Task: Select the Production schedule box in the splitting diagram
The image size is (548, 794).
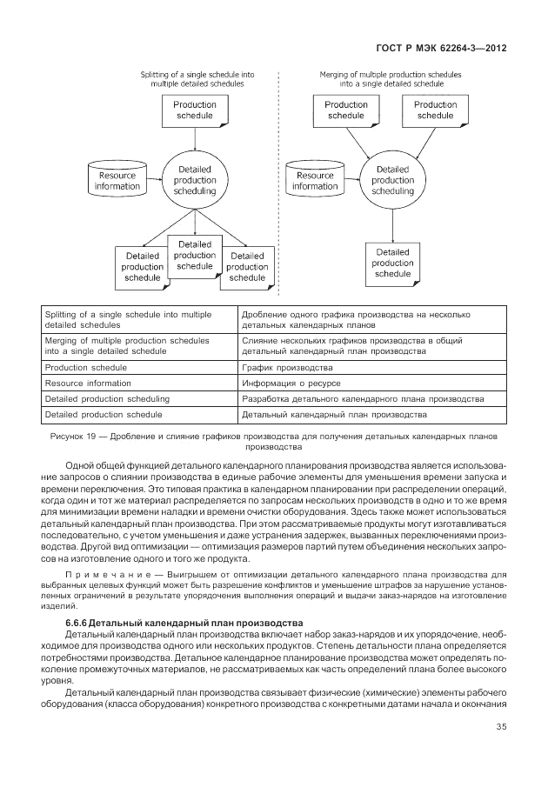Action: [196, 110]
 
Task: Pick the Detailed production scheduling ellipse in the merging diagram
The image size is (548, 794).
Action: [391, 181]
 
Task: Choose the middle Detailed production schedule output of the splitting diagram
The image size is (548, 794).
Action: [195, 256]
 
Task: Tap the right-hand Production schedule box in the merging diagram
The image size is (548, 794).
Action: [435, 110]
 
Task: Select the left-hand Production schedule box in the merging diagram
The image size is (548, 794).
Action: [346, 110]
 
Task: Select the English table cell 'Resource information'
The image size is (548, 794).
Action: [88, 383]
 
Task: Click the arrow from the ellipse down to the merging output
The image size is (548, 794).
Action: [391, 224]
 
